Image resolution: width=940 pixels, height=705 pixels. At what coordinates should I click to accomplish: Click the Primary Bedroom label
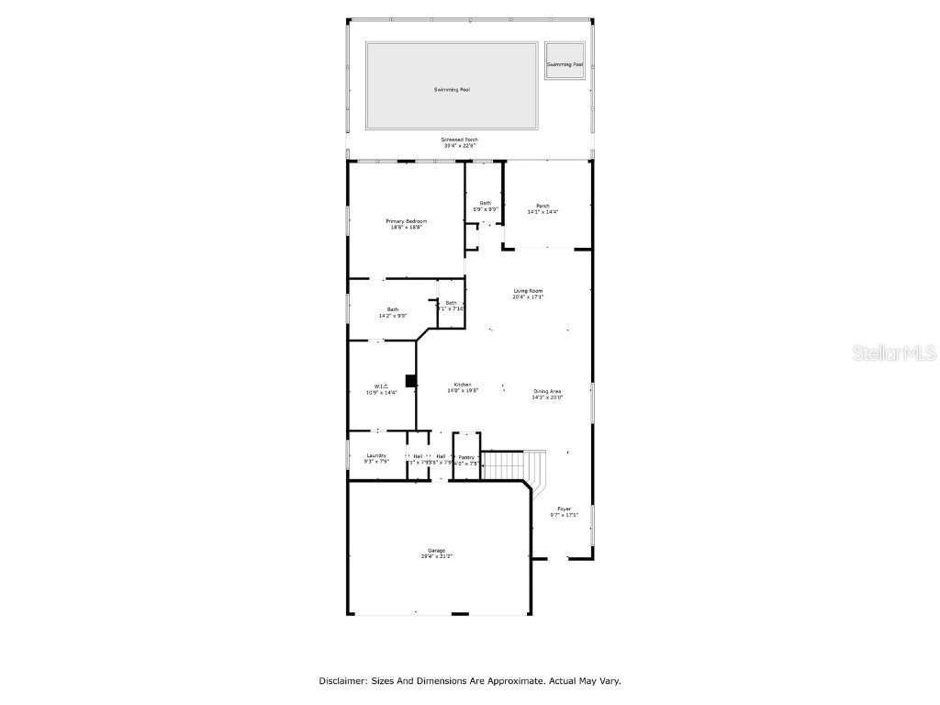[x=406, y=221]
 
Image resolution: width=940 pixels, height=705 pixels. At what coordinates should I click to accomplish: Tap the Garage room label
[x=436, y=551]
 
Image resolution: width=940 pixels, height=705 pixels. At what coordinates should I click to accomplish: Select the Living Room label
[x=528, y=291]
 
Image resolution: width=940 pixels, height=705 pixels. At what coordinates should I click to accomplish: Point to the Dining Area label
[x=547, y=392]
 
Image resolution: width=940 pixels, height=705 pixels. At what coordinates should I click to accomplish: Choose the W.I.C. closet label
[x=381, y=386]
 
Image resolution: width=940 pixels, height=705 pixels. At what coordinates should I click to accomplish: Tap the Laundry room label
[x=376, y=455]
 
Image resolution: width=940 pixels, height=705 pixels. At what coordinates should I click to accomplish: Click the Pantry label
[x=466, y=456]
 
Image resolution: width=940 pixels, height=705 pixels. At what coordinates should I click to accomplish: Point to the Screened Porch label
[x=461, y=140]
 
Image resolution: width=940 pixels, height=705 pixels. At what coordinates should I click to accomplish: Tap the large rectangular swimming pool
[x=452, y=86]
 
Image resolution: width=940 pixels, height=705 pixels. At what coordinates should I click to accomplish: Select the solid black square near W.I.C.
[x=411, y=380]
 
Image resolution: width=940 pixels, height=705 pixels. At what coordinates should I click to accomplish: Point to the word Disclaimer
[x=342, y=681]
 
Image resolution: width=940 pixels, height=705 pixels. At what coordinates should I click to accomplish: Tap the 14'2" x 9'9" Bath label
[x=392, y=309]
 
